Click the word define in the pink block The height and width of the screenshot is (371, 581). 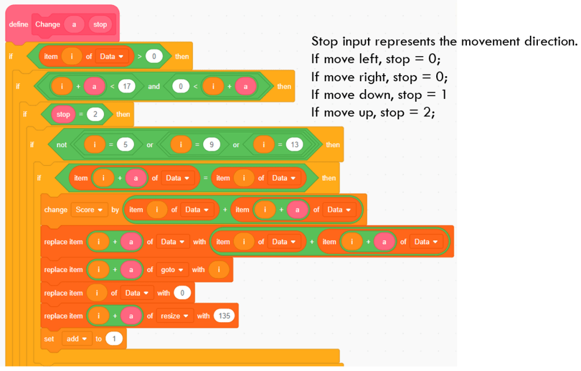19,24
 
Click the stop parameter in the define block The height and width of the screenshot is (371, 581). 100,24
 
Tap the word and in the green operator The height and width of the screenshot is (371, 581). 154,86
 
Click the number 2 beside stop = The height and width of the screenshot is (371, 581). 95,114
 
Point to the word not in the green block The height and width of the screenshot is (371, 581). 62,145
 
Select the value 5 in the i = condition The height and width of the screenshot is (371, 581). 125,145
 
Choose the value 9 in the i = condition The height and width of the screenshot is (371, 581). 211,145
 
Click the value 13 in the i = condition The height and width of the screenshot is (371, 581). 294,145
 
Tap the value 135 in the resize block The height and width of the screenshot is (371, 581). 224,316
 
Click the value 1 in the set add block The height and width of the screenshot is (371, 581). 114,339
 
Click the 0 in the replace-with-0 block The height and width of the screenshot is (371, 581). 182,293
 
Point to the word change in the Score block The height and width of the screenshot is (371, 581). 56,210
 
